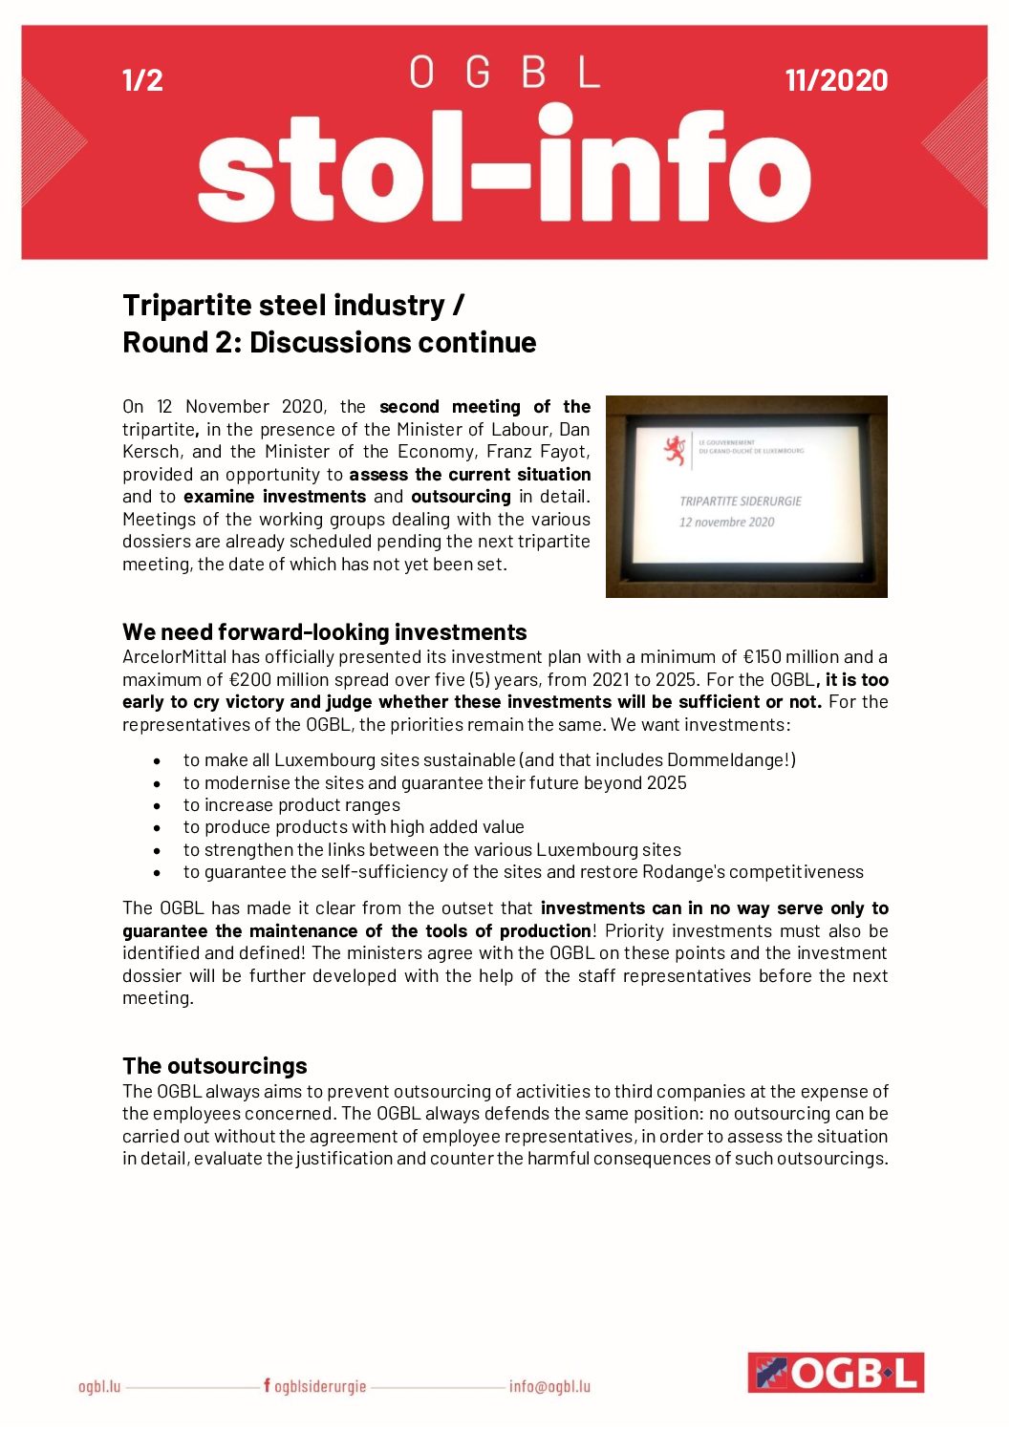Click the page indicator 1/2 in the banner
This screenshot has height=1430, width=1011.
[142, 80]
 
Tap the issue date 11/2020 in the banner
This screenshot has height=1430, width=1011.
[836, 80]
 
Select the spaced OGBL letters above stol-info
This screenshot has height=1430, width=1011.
[505, 73]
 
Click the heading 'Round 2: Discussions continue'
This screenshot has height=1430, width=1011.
[329, 343]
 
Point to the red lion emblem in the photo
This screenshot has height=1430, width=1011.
[676, 450]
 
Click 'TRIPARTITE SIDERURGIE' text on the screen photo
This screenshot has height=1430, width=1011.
[741, 501]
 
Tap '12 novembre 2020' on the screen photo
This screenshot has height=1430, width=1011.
[726, 523]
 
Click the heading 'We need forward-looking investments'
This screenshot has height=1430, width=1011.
[324, 632]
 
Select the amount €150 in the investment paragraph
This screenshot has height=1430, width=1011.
[764, 657]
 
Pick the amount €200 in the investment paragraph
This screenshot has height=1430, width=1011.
[252, 680]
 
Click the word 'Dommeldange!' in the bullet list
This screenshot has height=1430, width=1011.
[731, 760]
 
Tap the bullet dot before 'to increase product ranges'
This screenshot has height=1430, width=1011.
[158, 806]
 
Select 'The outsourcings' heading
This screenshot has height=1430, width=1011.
[214, 1066]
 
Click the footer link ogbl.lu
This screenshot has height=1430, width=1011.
[99, 1386]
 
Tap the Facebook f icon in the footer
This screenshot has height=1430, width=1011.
[267, 1385]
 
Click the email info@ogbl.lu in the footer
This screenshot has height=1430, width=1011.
[549, 1386]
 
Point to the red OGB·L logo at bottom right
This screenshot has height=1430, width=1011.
[835, 1373]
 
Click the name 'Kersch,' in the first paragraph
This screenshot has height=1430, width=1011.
[152, 452]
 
